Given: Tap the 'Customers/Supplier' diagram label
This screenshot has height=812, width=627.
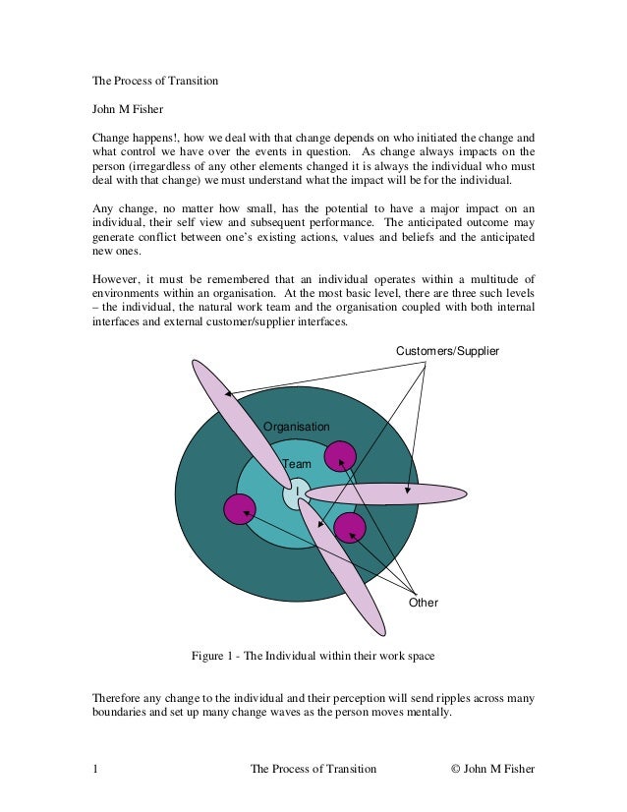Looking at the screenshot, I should (447, 351).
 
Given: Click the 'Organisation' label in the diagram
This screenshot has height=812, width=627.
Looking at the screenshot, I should (296, 426).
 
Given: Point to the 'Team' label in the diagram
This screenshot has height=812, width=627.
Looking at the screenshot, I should (296, 463).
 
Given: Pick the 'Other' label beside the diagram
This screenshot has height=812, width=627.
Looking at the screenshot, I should (423, 603).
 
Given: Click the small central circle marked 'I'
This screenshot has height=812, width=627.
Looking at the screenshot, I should (297, 493).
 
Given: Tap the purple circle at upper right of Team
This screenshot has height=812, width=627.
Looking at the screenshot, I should (340, 456).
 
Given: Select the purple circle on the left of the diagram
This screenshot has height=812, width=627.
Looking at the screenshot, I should (239, 508).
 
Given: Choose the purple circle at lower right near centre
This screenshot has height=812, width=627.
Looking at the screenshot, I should (349, 528).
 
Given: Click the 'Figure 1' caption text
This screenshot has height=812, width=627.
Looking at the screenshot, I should (312, 655).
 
